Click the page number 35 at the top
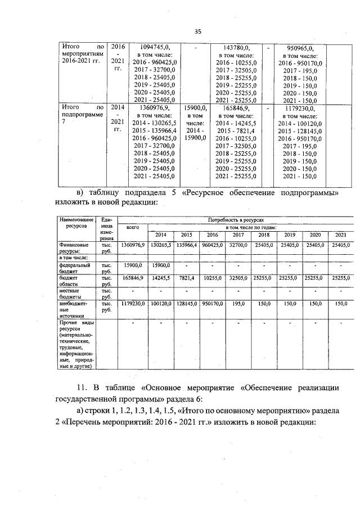click(197, 31)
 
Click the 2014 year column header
click(160, 235)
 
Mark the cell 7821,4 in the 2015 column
click(186, 278)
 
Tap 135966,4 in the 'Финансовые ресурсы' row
click(186, 245)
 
